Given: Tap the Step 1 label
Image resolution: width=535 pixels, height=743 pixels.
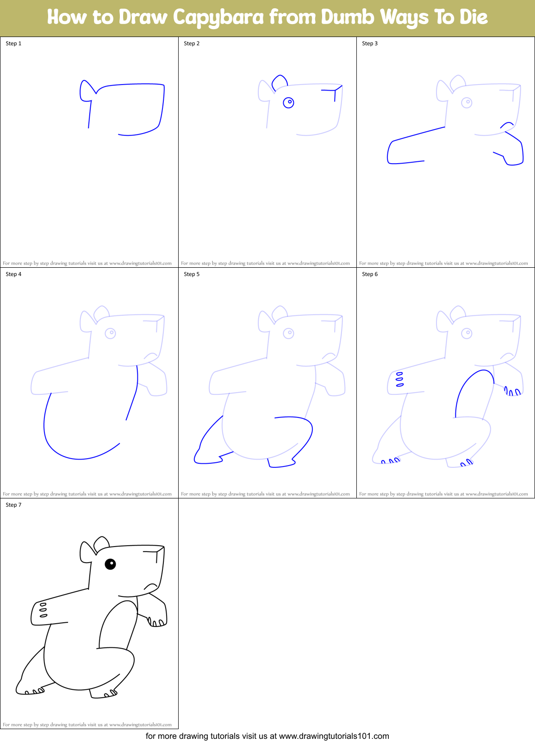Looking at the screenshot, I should coord(13,43).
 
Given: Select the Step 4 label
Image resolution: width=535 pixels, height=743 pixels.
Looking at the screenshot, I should coord(13,274).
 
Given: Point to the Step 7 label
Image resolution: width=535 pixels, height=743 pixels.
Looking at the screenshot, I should coord(13,505).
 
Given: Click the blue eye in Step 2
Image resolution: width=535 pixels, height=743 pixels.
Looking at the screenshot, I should coord(288,102).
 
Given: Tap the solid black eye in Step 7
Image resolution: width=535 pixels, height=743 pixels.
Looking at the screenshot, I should coord(110,564).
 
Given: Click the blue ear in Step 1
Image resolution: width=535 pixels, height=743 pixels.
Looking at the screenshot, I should coord(86,90).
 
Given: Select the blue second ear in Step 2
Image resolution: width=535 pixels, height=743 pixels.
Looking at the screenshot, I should coord(279,81).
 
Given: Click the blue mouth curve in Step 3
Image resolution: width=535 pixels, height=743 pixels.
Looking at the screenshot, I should coord(506,124).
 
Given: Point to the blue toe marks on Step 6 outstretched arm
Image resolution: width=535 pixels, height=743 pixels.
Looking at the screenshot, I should coord(399,379).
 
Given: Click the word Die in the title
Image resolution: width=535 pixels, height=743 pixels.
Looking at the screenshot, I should coord(473,17).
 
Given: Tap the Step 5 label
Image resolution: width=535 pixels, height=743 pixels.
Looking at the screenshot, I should coord(192,274).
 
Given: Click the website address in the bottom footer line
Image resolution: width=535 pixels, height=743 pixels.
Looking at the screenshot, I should coord(334,736).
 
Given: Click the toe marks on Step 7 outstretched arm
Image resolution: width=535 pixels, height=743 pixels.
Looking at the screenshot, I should coord(43,610).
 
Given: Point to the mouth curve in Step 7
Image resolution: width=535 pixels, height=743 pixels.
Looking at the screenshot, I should coord(150,586).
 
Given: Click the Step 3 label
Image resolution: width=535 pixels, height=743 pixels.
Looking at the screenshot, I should coord(370,43).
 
